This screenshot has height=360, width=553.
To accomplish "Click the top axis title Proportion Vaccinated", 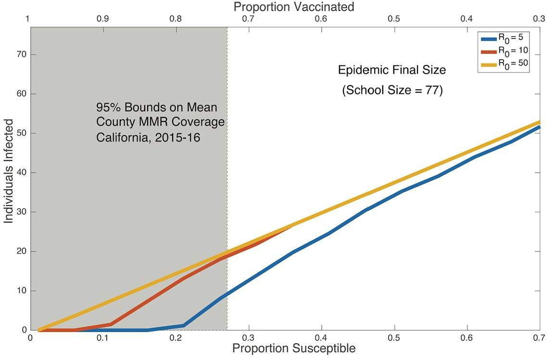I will tap(293, 7).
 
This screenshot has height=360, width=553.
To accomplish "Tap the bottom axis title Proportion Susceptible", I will tap(294, 348).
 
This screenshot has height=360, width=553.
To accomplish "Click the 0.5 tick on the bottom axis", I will tap(394, 339).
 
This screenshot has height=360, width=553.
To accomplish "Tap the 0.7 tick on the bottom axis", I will tap(539, 339).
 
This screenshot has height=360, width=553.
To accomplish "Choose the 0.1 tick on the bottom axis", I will tap(103, 339).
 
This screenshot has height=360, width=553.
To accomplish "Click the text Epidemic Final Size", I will tap(392, 70).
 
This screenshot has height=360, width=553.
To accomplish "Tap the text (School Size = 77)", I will tap(392, 90).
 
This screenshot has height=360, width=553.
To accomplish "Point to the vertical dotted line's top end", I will tap(227, 28).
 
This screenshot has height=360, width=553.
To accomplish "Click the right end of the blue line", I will tap(539, 127).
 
